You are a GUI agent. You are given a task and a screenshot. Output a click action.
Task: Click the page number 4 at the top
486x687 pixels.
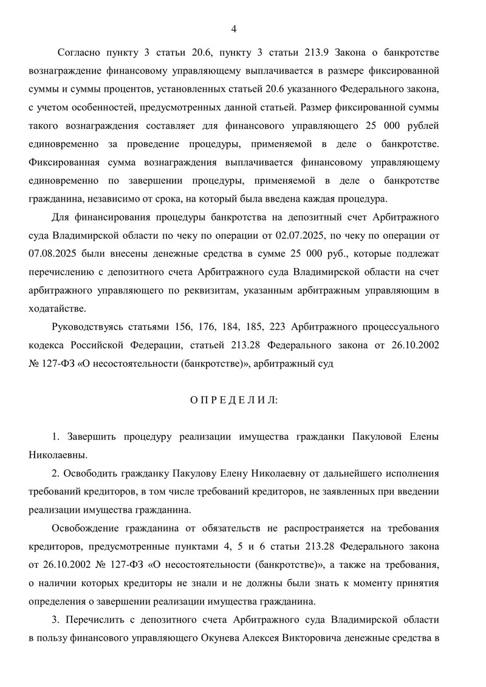point(234,29)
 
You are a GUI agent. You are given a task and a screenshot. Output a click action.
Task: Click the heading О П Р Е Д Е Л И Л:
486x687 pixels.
point(233,400)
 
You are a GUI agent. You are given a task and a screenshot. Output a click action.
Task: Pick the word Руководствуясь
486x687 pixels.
point(87,327)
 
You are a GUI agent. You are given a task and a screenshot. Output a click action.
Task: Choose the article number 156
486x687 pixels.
point(200,327)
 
